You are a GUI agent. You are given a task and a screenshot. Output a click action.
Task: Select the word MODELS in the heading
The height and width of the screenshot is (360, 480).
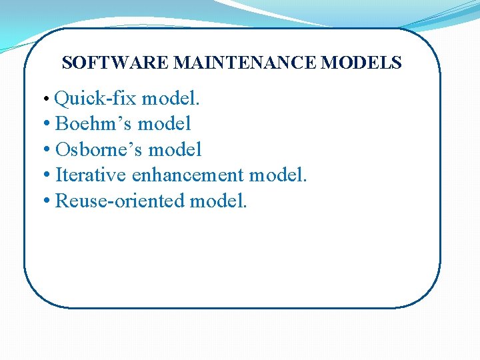pos(361,63)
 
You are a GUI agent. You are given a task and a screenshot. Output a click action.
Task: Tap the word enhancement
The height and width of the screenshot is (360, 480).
pos(189,175)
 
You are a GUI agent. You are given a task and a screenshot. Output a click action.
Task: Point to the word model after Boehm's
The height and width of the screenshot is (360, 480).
pos(166,124)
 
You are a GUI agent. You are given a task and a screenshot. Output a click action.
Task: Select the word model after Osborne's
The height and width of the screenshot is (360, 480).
pos(177,149)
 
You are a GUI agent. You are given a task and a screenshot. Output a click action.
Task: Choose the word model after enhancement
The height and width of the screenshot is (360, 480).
pos(277,175)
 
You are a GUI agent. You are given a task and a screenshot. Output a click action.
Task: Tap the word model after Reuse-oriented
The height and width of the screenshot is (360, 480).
pos(217,201)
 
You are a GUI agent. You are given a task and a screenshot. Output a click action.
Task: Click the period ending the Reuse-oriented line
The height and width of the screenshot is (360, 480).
pos(245,206)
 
